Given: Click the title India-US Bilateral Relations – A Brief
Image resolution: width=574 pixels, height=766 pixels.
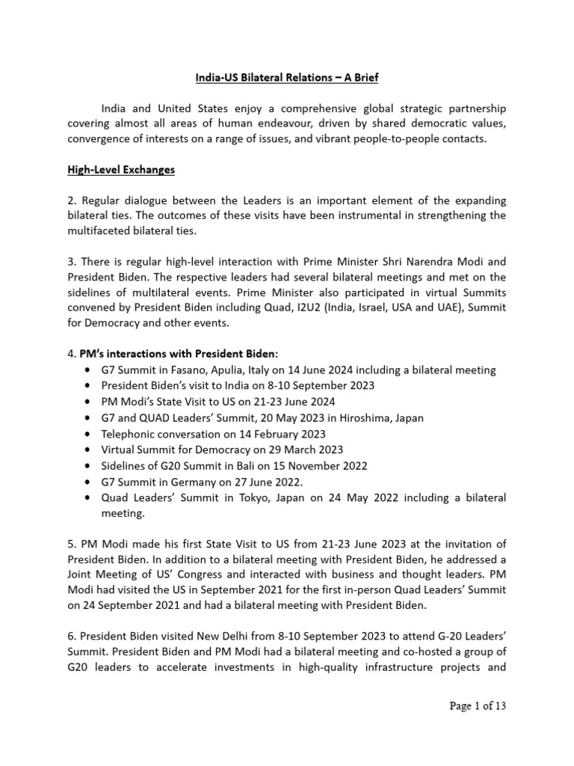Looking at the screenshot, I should pos(286,77).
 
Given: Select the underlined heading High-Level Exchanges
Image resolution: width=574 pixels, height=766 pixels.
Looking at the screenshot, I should pos(120,170).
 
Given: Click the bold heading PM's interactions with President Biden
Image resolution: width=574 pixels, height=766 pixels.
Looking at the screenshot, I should pos(190,354).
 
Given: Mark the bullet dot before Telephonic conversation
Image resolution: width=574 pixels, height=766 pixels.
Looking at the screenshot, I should pos(90,434).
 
